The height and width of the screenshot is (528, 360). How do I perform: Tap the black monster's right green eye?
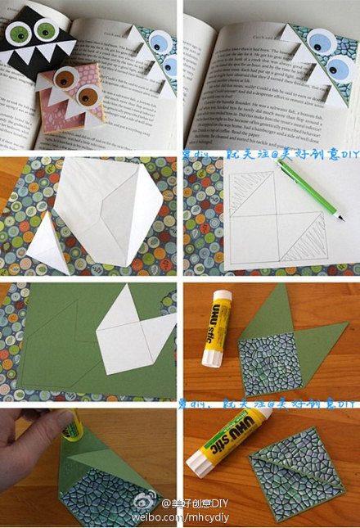click(47, 30)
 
